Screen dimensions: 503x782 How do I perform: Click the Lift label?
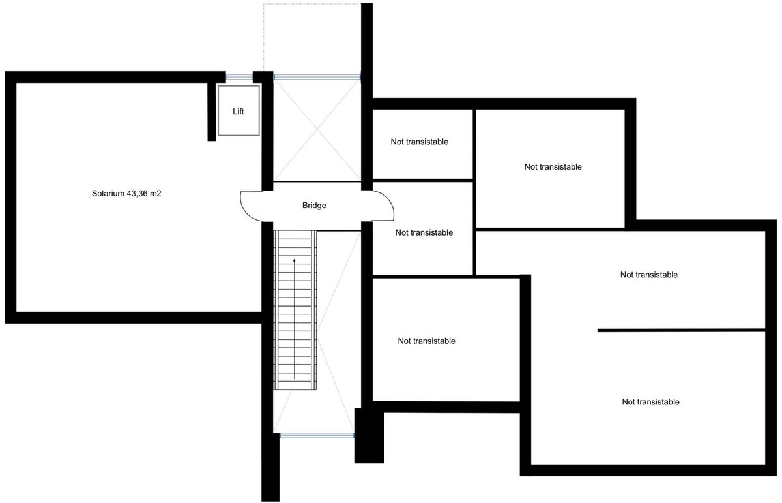pyautogui.click(x=239, y=112)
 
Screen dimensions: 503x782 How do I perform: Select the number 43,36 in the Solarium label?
pyautogui.click(x=139, y=194)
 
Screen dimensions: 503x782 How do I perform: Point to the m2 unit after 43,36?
pyautogui.click(x=156, y=194)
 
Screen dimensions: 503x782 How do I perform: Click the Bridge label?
pyautogui.click(x=314, y=206)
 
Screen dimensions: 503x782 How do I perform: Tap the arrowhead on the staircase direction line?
pyautogui.click(x=294, y=260)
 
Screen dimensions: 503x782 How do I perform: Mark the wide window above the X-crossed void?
pyautogui.click(x=317, y=77)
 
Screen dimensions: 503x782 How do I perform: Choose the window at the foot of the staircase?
pyautogui.click(x=317, y=434)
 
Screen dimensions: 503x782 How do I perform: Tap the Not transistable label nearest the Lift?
pyautogui.click(x=420, y=142)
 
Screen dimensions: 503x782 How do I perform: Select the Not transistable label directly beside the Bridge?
pyautogui.click(x=424, y=232)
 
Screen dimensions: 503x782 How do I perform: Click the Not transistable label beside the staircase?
pyautogui.click(x=426, y=341)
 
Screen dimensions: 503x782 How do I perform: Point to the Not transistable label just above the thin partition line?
pyautogui.click(x=649, y=275)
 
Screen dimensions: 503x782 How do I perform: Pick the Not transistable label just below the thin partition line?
pyautogui.click(x=650, y=402)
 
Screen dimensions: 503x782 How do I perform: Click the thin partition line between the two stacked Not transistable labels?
pyautogui.click(x=680, y=331)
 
